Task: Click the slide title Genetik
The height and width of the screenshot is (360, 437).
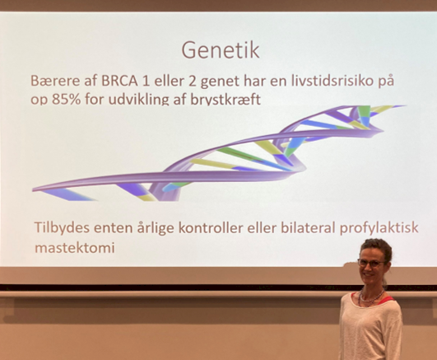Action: click(221, 50)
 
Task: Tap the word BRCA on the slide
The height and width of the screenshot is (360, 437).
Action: click(120, 81)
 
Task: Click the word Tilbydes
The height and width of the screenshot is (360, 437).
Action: click(63, 228)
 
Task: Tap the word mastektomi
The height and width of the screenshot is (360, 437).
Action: click(75, 248)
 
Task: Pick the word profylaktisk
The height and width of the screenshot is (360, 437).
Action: click(379, 228)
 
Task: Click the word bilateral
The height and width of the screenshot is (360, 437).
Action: click(308, 227)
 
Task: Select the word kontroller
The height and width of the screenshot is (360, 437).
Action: click(211, 228)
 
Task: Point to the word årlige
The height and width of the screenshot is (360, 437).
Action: click(156, 228)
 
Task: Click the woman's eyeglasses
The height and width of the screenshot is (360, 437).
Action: click(371, 263)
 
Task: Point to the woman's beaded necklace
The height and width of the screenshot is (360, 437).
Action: click(370, 298)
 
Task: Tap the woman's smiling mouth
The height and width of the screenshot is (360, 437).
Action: click(369, 275)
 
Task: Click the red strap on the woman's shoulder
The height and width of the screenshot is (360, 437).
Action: click(387, 299)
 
